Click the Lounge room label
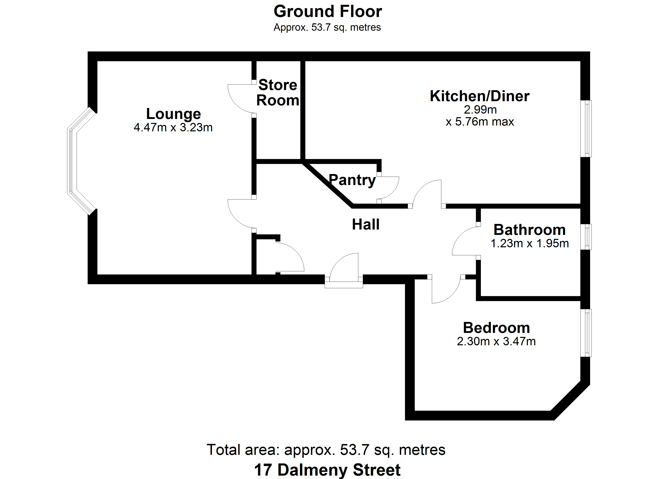click(x=174, y=114)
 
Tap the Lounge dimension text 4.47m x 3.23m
click(x=173, y=128)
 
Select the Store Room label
click(x=278, y=93)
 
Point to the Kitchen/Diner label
click(x=480, y=96)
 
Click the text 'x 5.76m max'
click(x=480, y=122)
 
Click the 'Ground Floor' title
click(x=328, y=12)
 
